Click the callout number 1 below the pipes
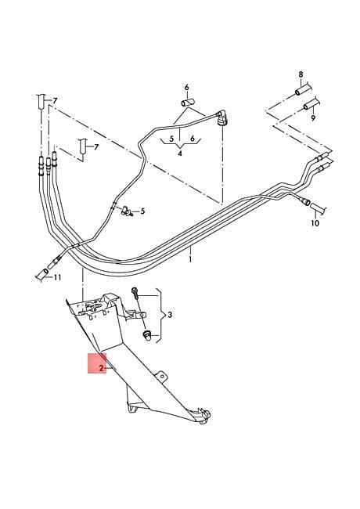point(190,260)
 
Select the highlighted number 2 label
point(101,368)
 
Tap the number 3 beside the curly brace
point(170,315)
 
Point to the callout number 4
point(180,153)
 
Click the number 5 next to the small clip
point(142,211)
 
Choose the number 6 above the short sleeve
point(186,88)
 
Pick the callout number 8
point(301,74)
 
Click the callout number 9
point(313,117)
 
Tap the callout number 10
point(315,223)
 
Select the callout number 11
point(57,277)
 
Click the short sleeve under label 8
point(301,90)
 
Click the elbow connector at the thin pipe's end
point(222,117)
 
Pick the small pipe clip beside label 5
point(125,211)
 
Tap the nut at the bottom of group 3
point(146,334)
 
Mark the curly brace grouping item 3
point(160,316)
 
